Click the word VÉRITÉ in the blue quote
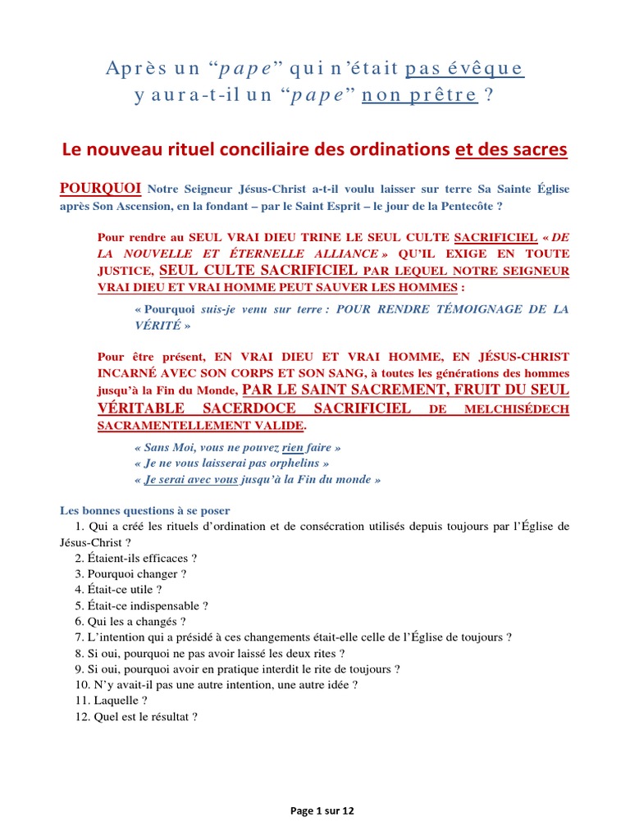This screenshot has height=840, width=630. (x=156, y=325)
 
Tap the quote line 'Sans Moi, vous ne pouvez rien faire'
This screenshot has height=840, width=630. (x=236, y=447)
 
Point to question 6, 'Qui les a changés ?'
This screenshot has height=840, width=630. (x=130, y=621)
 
